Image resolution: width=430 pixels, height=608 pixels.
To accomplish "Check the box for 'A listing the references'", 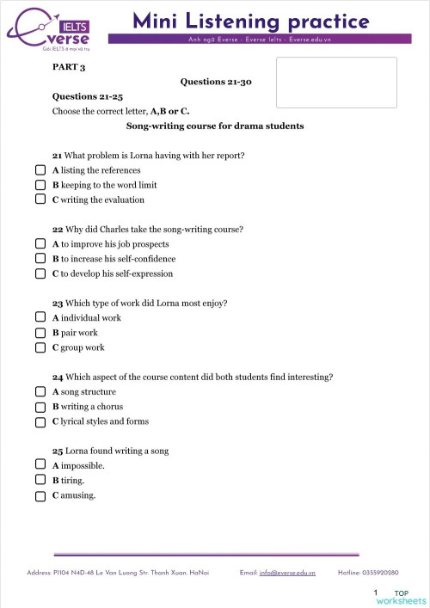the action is point(40,170).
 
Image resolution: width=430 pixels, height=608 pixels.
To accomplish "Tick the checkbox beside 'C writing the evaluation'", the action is point(40,200).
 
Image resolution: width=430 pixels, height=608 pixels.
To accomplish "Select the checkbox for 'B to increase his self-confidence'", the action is point(40,259).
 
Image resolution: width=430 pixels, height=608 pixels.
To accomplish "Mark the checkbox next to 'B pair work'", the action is point(40,333).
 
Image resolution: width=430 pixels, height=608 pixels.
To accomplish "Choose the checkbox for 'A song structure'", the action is point(40,392).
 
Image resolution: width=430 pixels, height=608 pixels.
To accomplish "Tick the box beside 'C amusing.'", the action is point(40,496).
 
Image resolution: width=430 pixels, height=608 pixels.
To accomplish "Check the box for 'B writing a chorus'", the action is point(40,407).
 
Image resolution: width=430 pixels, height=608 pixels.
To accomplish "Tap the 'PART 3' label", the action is point(69,66).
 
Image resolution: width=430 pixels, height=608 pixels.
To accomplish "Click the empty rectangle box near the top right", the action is point(336,83).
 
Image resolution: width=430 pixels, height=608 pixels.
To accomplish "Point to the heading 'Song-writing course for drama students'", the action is point(215,126).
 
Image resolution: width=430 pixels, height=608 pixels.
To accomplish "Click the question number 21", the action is point(57,156).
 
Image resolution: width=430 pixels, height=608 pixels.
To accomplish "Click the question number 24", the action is point(57,378).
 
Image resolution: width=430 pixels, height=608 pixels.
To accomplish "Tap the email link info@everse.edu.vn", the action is point(287,572).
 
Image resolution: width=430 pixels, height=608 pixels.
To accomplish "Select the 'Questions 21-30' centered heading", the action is point(215,82).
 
